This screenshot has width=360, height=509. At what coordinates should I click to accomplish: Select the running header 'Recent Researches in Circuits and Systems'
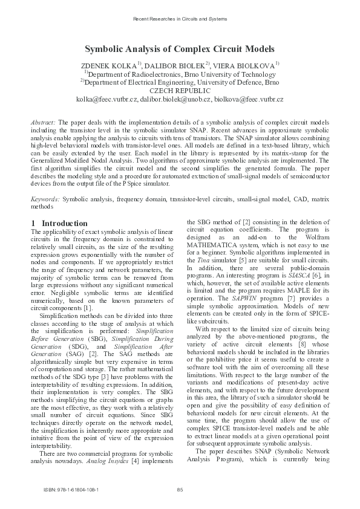click(180, 19)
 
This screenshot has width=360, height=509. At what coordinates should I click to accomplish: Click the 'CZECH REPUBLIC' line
click(180, 89)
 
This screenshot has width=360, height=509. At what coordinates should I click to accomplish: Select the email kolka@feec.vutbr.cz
click(106, 98)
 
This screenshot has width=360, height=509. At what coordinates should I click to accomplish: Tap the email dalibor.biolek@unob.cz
click(175, 98)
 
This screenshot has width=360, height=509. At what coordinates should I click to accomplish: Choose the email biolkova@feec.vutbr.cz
click(249, 98)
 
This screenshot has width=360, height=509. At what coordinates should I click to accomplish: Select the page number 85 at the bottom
click(180, 489)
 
